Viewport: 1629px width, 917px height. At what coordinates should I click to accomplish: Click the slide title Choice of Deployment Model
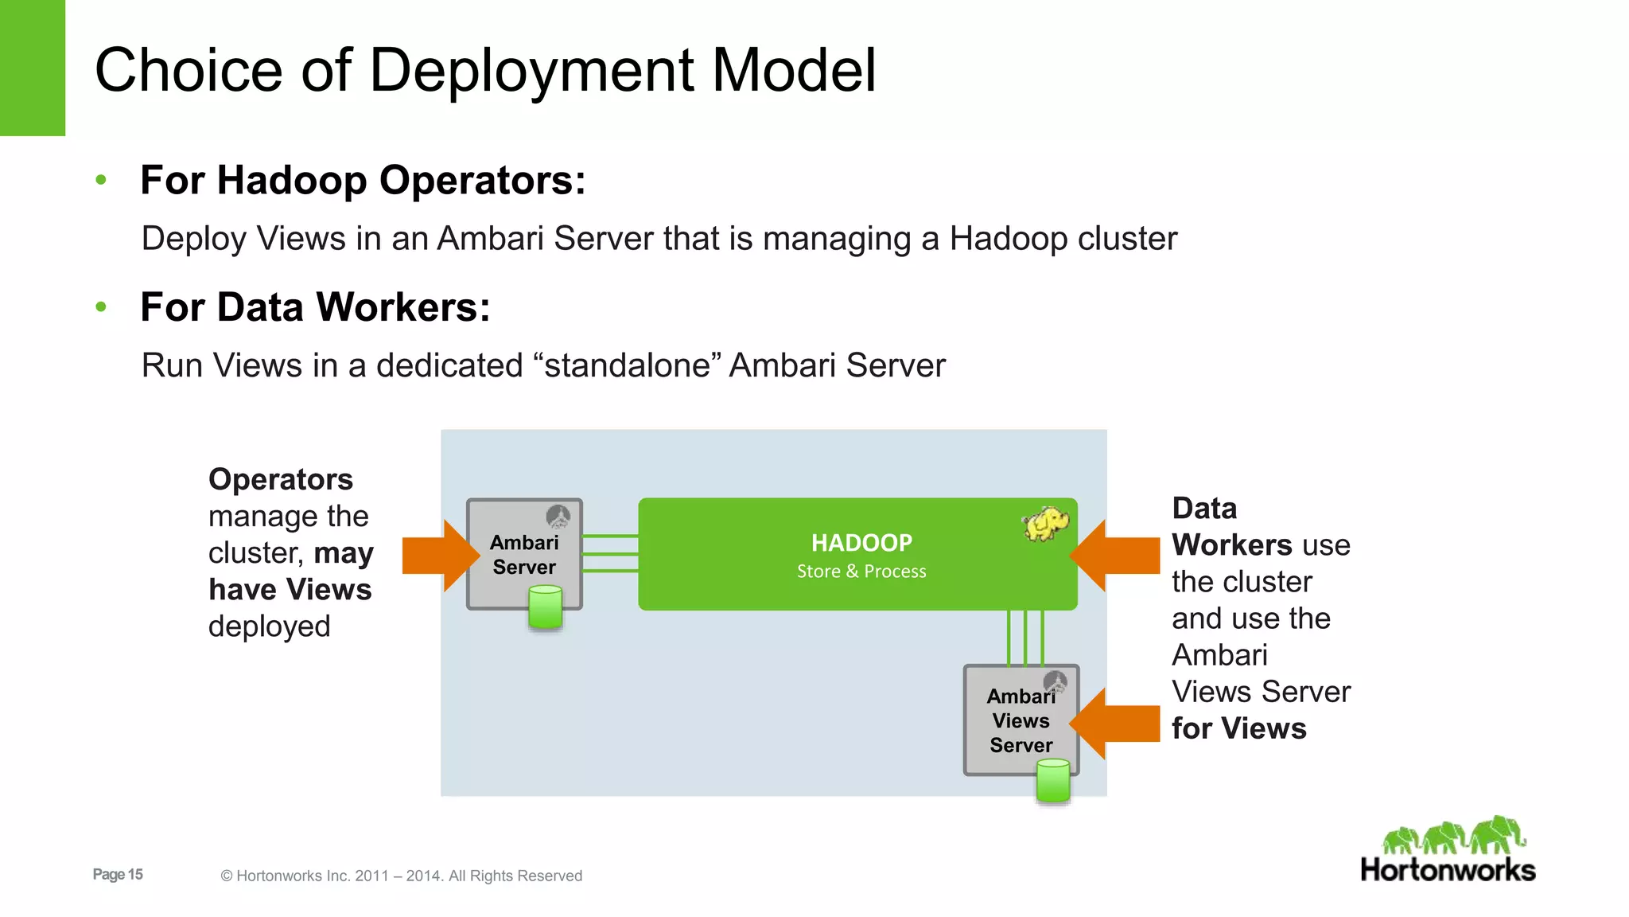(485, 70)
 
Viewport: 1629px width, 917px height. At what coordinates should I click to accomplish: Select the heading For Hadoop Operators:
(363, 180)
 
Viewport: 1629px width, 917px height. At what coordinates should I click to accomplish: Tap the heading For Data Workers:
(315, 307)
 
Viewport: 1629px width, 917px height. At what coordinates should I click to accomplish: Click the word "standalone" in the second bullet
(628, 365)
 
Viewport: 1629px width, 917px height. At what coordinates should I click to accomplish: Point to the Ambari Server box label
(524, 555)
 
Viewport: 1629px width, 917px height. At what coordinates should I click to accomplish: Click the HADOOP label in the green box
(861, 543)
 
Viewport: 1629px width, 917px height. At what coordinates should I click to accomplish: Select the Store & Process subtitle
(861, 572)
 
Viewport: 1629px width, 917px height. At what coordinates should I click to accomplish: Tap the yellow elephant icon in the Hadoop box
(1045, 524)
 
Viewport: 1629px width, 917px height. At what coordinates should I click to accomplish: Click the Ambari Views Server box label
(1021, 720)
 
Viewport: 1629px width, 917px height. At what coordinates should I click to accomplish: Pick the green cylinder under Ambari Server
(546, 607)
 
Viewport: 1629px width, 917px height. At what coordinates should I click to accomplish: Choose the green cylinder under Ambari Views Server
(1053, 780)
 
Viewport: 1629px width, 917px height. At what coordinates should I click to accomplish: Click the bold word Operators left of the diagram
(281, 480)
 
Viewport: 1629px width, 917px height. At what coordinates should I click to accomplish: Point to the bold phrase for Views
(1238, 729)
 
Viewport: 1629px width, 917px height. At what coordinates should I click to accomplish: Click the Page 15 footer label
(118, 875)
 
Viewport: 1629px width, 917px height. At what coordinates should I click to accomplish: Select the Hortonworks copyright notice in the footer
(402, 876)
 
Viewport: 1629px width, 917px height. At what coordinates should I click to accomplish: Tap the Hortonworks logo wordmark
(1448, 870)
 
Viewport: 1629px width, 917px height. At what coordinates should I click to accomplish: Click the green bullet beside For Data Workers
(101, 307)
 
